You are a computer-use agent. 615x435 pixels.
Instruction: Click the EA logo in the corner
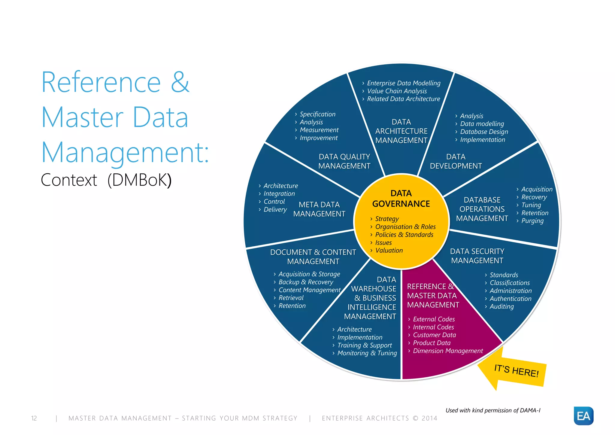pos(583,416)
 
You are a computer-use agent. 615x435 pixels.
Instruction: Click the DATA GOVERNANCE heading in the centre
pos(401,199)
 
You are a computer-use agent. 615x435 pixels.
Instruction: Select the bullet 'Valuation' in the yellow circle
pos(389,251)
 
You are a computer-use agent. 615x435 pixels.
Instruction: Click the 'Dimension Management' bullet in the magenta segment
pos(448,351)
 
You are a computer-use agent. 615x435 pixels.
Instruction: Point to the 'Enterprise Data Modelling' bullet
pos(403,83)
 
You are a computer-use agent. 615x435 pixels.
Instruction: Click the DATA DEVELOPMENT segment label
pos(456,161)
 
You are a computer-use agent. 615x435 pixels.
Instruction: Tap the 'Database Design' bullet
pos(484,132)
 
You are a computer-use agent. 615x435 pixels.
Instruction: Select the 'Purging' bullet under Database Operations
pos(532,221)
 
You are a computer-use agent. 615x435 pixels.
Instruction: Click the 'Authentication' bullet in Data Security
pos(510,299)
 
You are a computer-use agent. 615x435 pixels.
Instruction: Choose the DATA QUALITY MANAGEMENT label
pos(344,161)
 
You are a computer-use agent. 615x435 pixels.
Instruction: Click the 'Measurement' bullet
pos(319,130)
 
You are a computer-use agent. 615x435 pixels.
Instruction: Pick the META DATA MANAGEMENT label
pos(319,209)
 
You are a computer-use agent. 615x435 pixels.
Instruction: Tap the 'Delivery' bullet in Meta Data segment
pos(275,209)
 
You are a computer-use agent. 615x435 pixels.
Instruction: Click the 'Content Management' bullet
pos(309,290)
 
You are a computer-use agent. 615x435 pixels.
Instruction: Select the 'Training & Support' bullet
pos(364,345)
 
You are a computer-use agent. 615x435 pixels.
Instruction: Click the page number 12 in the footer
pos(34,418)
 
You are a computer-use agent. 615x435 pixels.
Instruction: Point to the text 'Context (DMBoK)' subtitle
pos(106,180)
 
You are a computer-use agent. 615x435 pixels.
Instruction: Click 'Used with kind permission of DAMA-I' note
pos(493,410)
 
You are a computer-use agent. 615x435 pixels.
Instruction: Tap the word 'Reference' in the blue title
pos(101,82)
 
